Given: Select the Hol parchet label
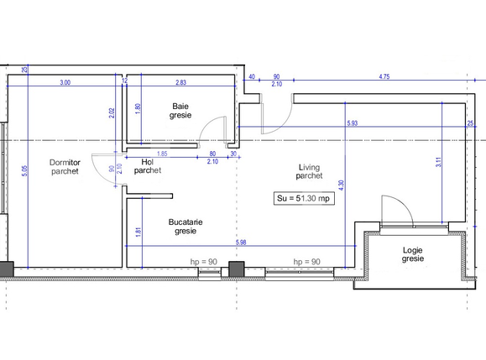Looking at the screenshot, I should tap(147, 166).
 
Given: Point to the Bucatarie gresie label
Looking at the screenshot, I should tap(186, 227).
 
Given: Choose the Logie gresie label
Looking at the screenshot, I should tap(412, 254).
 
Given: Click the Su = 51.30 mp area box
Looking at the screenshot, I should tap(303, 199).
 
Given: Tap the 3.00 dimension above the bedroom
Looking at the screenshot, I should tap(65, 82).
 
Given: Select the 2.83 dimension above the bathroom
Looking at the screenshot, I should tap(180, 82).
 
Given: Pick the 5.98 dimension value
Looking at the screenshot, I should tap(241, 243).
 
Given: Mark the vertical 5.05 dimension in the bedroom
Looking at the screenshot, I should tap(25, 171).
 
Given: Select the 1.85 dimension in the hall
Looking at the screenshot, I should tap(162, 154).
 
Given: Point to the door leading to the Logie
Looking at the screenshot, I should tap(395, 211).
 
